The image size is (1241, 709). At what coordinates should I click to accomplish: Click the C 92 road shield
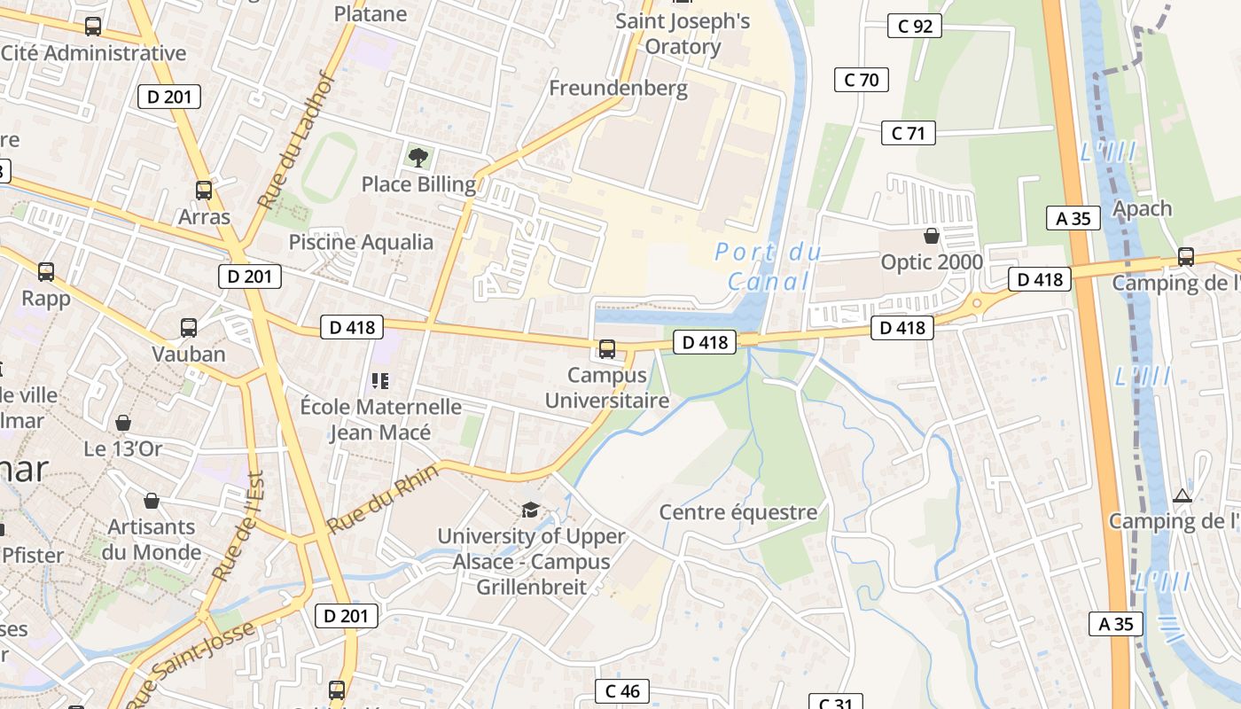coord(915,27)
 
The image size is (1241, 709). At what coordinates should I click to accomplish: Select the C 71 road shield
coord(909,134)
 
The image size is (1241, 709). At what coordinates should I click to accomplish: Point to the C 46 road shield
coord(622,691)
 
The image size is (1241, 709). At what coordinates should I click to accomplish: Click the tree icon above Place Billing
coord(418,158)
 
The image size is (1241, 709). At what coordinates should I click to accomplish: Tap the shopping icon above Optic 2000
coord(932,236)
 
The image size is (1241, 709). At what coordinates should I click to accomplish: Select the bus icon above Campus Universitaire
coord(607,349)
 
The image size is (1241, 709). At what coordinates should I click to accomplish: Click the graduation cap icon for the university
coord(530,510)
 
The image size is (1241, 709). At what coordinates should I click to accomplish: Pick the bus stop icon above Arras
coord(204,190)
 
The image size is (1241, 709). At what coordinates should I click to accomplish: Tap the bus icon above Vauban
coord(189,328)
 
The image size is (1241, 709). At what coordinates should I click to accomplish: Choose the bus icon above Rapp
coord(46,272)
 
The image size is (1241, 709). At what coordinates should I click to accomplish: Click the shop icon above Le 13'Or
coord(123,423)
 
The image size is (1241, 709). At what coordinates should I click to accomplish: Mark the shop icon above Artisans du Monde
coord(152,502)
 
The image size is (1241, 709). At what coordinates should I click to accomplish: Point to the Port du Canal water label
coord(768,267)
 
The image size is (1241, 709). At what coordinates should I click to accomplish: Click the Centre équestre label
coord(738,512)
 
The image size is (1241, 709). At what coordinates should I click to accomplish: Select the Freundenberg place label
coord(618,88)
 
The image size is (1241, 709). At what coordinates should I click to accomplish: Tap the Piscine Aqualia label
coord(362,242)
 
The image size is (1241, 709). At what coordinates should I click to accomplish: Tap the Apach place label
coord(1142,208)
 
